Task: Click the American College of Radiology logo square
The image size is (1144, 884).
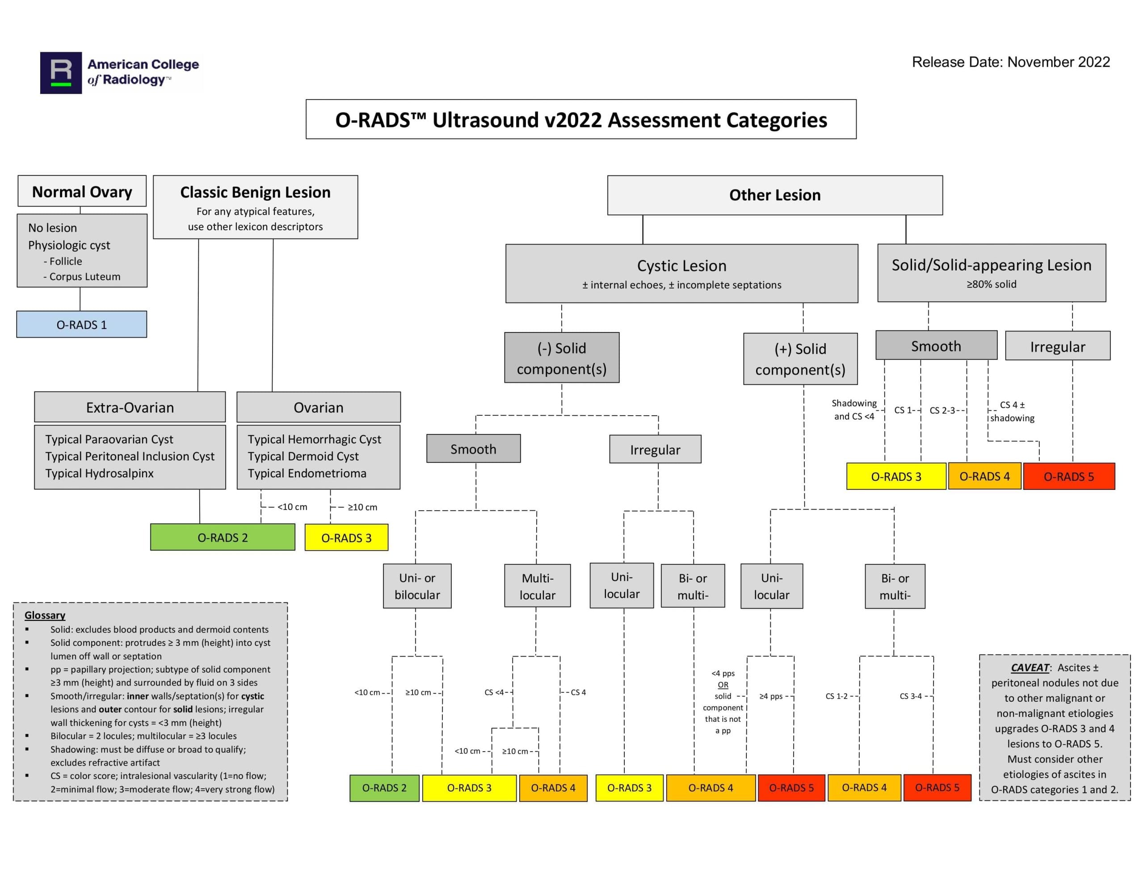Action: click(x=61, y=73)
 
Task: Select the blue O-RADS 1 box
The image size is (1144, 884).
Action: click(x=82, y=324)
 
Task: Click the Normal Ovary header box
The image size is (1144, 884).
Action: click(x=82, y=191)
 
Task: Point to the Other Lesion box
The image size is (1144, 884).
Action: click(x=775, y=195)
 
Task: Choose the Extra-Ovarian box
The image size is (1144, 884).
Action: click(x=130, y=407)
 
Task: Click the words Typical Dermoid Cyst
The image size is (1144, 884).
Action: click(x=303, y=456)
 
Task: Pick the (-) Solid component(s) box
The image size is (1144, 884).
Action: click(x=562, y=358)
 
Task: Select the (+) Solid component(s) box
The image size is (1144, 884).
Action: click(x=800, y=359)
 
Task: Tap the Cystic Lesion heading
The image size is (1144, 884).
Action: click(x=681, y=265)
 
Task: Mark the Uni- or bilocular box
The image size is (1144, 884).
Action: click(x=417, y=586)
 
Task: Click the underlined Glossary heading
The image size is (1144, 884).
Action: click(x=45, y=615)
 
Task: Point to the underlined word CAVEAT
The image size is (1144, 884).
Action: click(x=1030, y=668)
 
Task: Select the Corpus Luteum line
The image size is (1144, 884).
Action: click(x=84, y=276)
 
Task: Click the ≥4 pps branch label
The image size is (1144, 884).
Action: click(x=771, y=696)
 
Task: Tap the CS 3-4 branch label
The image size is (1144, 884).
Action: click(x=910, y=696)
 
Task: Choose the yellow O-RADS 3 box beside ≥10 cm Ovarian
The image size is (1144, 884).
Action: click(x=346, y=538)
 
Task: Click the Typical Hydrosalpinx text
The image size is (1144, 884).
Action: click(x=100, y=473)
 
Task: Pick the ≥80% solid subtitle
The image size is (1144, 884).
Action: click(x=991, y=284)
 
